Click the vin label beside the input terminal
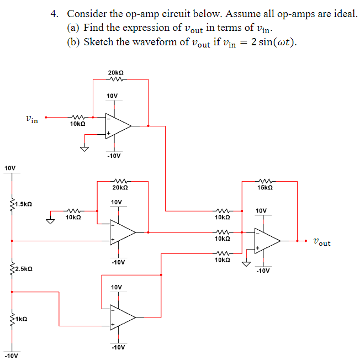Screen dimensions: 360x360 pyautogui.click(x=31, y=118)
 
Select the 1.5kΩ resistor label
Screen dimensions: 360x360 pyautogui.click(x=23, y=204)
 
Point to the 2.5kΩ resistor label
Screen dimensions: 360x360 pyautogui.click(x=23, y=269)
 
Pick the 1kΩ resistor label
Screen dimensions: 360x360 pyautogui.click(x=21, y=319)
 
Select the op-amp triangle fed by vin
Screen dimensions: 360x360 pyautogui.click(x=118, y=126)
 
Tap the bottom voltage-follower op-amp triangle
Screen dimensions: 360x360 pyautogui.click(x=121, y=316)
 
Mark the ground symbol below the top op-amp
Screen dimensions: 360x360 pyautogui.click(x=85, y=149)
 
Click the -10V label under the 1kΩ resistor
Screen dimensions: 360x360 pyautogui.click(x=11, y=355)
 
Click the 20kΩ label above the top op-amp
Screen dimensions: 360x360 pyautogui.click(x=116, y=72)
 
